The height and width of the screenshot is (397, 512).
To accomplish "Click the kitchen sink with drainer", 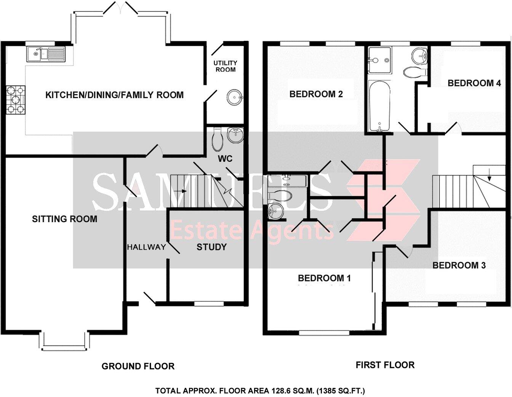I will point(46,54).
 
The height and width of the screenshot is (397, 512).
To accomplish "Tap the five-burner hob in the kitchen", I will point(16,100).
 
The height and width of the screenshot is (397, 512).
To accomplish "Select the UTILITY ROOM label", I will point(225,66).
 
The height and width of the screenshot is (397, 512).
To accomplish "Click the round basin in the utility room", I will point(234,97).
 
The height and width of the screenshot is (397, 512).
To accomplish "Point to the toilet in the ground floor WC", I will point(218,139).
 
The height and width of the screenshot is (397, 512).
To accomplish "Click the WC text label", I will point(225,158).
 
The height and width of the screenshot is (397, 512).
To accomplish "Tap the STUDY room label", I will point(211,247).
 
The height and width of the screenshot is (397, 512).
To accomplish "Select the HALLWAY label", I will point(146,247).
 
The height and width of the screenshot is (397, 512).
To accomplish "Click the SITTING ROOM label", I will point(64,219).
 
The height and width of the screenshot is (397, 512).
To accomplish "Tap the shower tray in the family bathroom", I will point(379,60).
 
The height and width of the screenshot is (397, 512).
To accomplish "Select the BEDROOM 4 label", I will point(474,83).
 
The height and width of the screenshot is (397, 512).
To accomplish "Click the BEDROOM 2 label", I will point(316,94).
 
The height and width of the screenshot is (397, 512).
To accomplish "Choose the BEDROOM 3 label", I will point(459,265).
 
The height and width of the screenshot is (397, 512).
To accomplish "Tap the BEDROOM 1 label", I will point(324,278).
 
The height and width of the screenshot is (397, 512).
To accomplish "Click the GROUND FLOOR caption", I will point(138,366).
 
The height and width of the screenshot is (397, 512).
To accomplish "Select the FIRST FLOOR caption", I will point(385,365).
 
